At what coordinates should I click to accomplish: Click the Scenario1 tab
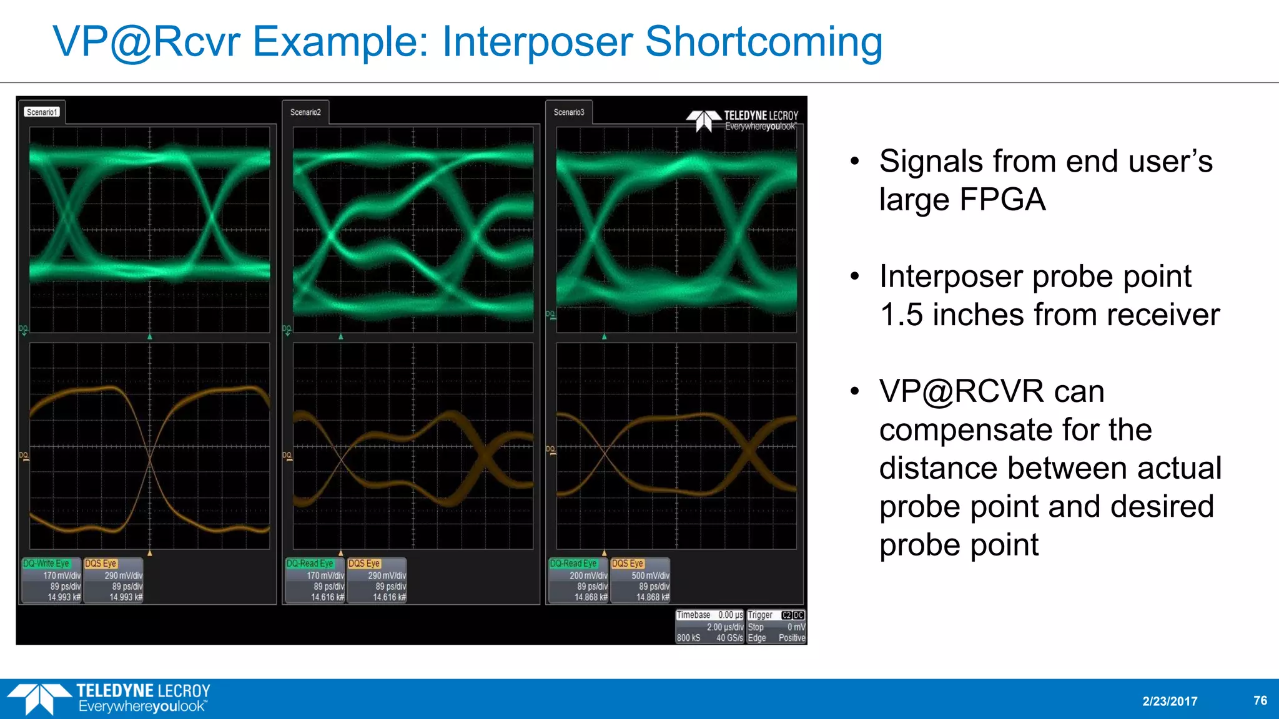click(42, 112)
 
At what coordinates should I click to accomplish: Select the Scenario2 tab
click(305, 112)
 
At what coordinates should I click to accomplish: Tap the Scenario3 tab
click(568, 112)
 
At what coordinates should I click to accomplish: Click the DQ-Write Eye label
click(47, 563)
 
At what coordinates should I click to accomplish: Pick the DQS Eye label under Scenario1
click(101, 563)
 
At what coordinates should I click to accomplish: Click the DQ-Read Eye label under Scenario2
click(310, 563)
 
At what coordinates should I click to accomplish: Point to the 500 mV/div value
click(649, 575)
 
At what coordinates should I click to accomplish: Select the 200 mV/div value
click(588, 575)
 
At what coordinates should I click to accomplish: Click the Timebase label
click(693, 615)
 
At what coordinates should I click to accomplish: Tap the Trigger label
click(760, 615)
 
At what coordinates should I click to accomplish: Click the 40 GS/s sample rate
click(729, 638)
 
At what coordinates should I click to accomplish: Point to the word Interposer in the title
click(537, 42)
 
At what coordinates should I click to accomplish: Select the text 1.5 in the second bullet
click(901, 315)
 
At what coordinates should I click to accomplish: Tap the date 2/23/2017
click(1170, 701)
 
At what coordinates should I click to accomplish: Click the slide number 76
click(1260, 700)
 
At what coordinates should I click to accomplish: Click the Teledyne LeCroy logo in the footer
click(109, 698)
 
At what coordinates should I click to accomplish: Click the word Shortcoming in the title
click(763, 42)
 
